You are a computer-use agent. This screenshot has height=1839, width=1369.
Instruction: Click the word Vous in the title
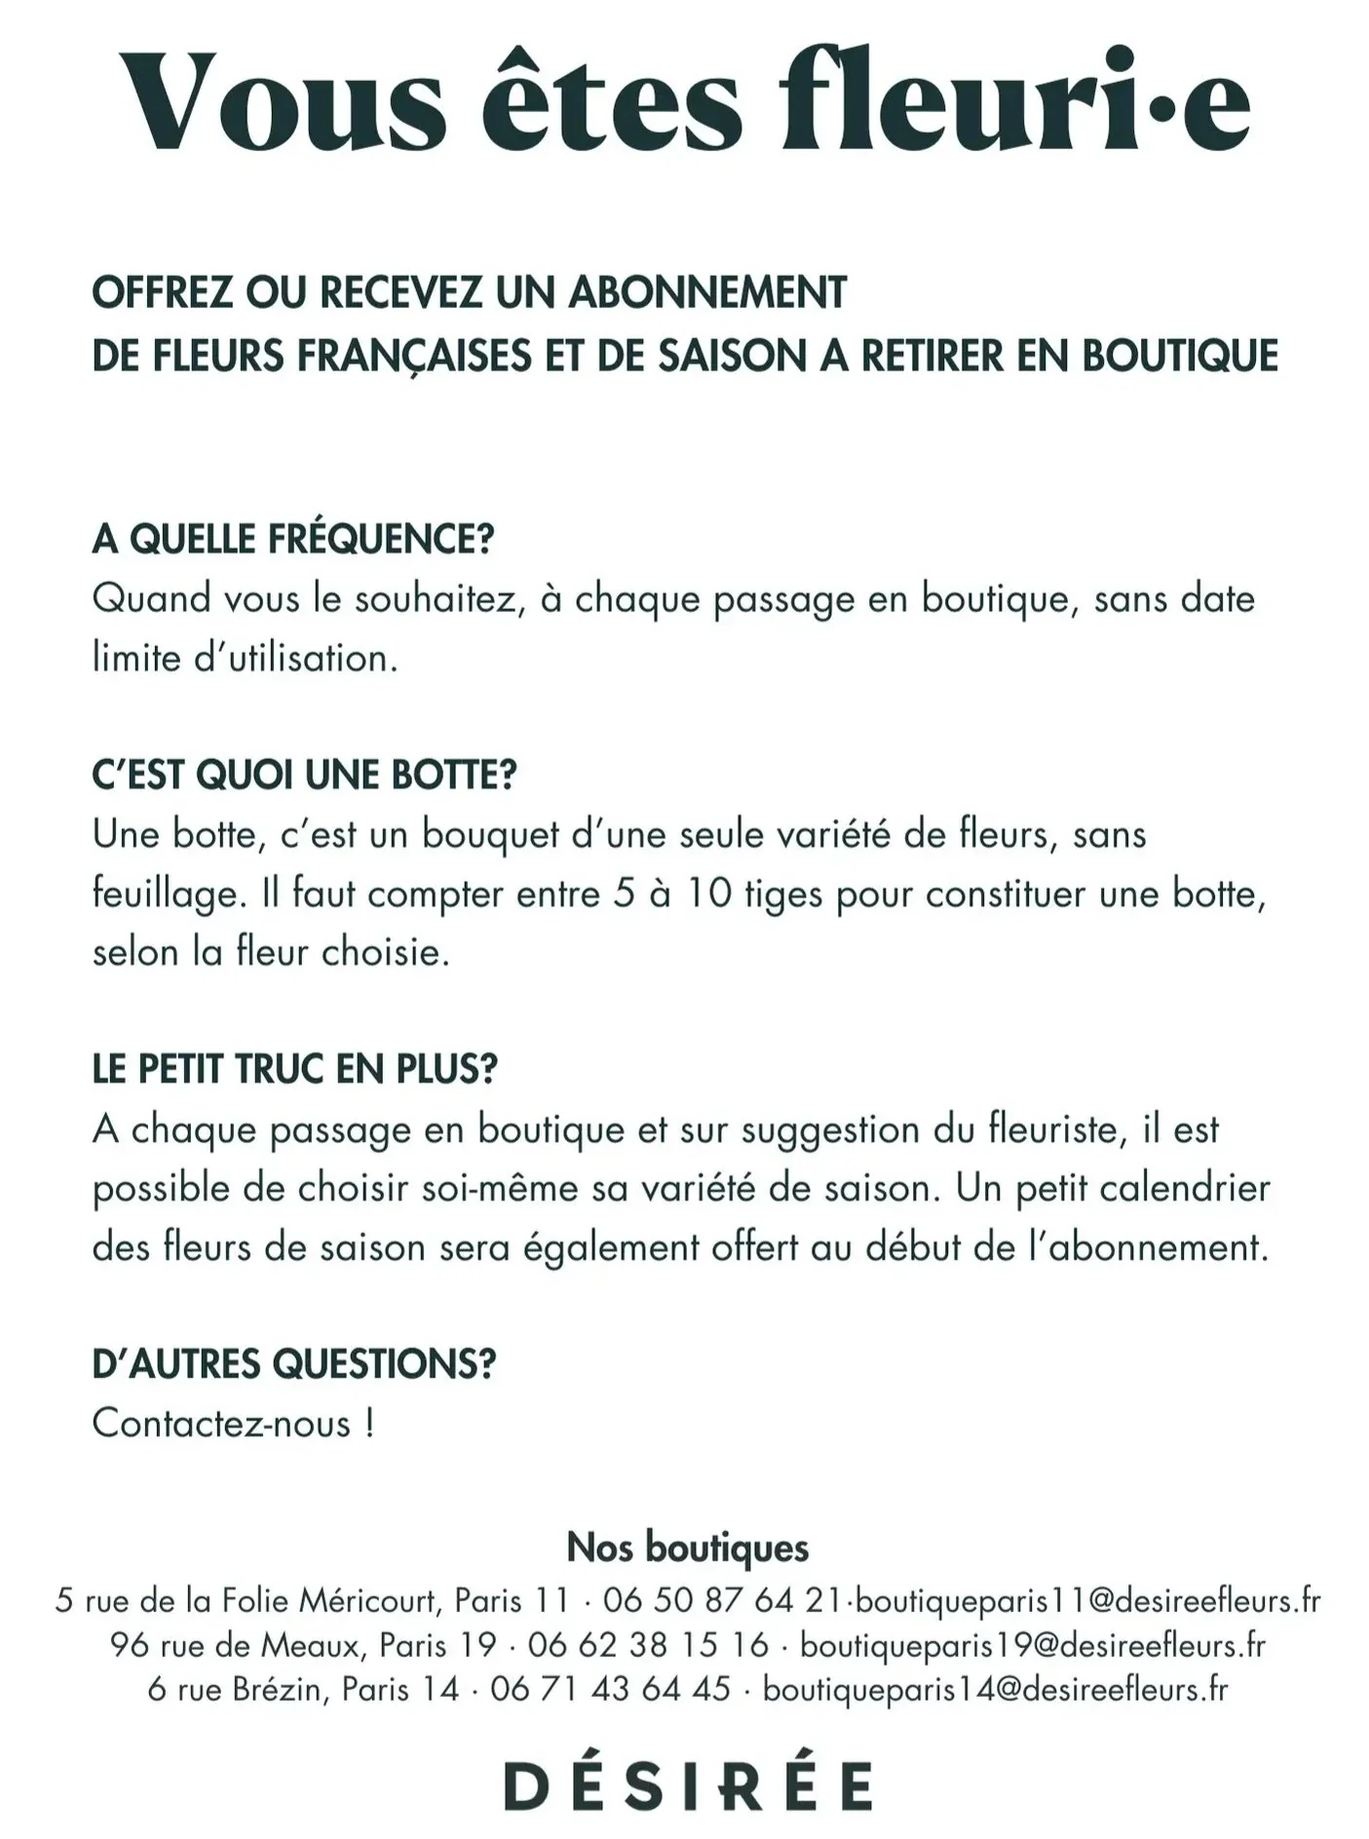283,102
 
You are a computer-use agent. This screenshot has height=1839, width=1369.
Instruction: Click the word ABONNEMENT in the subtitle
707,292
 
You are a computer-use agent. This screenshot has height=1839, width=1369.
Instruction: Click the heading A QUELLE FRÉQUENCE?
293,539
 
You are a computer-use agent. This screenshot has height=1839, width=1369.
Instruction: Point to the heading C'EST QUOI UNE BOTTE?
304,775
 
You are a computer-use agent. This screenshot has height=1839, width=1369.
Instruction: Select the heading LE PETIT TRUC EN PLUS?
294,1069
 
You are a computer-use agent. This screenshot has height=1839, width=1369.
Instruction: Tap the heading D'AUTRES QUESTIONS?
293,1363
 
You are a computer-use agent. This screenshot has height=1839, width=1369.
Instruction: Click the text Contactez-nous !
233,1423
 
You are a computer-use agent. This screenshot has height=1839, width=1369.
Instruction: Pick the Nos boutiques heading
687,1547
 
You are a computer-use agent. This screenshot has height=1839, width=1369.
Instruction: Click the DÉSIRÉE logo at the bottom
687,1785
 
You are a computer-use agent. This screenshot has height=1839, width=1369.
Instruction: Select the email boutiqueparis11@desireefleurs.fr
1087,1600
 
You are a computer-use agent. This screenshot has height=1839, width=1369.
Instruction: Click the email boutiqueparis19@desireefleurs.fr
1032,1645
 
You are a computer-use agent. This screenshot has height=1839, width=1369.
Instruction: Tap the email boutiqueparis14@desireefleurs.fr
995,1689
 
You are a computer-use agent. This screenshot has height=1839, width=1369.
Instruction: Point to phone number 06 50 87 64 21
722,1600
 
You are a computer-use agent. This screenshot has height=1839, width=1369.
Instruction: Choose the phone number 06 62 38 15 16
648,1645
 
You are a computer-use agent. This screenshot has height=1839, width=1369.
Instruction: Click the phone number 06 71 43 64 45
610,1689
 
